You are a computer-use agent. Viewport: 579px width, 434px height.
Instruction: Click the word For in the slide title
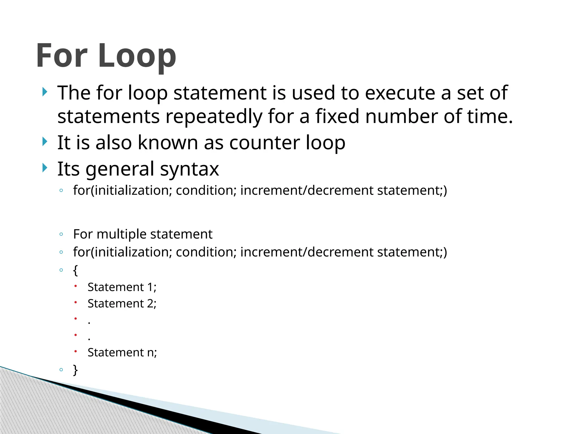62,56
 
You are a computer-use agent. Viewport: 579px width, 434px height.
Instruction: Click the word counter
264,143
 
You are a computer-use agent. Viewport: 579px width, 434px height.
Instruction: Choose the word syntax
189,169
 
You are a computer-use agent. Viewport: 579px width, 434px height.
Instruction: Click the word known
168,143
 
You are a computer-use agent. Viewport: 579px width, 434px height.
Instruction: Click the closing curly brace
75,370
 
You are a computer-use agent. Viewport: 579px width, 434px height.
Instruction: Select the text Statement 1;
122,287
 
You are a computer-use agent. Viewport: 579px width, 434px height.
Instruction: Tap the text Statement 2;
122,303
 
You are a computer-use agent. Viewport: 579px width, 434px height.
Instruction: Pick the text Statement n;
122,352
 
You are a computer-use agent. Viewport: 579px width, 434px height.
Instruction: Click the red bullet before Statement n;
75,351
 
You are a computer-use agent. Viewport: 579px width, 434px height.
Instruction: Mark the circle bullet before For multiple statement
61,234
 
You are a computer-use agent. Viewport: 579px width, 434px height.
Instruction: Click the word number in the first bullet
401,116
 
